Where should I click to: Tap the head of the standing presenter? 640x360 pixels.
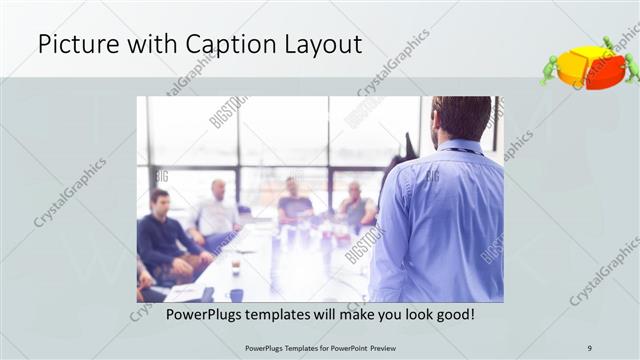tap(461, 118)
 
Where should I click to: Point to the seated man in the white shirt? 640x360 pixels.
tap(216, 213)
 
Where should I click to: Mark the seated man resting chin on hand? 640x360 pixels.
tap(355, 206)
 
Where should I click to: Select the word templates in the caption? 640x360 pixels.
tap(290, 314)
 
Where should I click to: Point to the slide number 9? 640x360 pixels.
tap(590, 348)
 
